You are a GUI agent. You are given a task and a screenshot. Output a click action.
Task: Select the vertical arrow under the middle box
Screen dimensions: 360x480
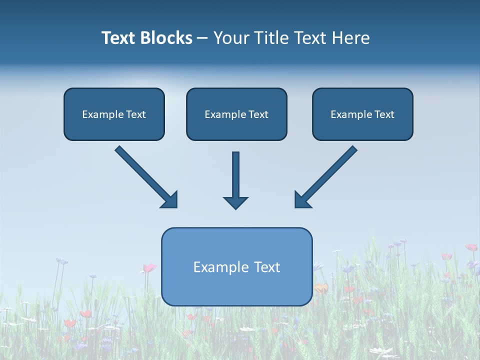click(235, 175)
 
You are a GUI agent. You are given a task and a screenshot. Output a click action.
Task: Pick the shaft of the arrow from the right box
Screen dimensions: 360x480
click(332, 170)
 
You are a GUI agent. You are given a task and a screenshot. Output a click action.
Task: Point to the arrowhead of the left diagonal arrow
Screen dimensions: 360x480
click(170, 200)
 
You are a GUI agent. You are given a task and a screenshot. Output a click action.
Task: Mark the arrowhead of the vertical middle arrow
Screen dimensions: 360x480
click(235, 202)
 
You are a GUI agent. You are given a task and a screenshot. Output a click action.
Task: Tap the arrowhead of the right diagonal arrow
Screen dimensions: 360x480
click(302, 200)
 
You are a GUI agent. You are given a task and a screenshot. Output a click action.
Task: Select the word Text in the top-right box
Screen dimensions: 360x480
click(384, 114)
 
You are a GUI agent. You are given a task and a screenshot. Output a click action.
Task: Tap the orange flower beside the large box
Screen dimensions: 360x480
click(321, 288)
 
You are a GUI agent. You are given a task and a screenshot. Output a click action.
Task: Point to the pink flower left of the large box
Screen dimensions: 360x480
click(149, 268)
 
